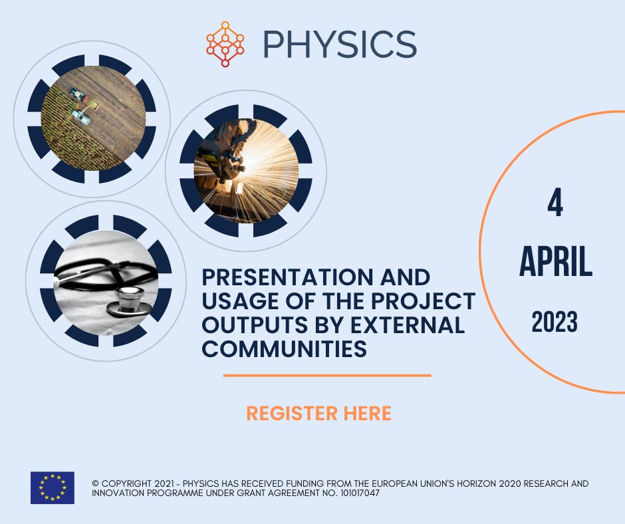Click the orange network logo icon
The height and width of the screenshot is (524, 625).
[225, 43]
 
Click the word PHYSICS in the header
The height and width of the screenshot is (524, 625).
[339, 43]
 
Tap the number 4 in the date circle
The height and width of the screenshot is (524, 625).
[555, 205]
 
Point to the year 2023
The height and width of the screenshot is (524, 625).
[555, 323]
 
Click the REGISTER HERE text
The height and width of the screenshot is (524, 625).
[318, 414]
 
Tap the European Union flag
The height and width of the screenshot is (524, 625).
[53, 487]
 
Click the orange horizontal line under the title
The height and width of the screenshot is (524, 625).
[326, 375]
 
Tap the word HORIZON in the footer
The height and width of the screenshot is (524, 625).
[447, 483]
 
